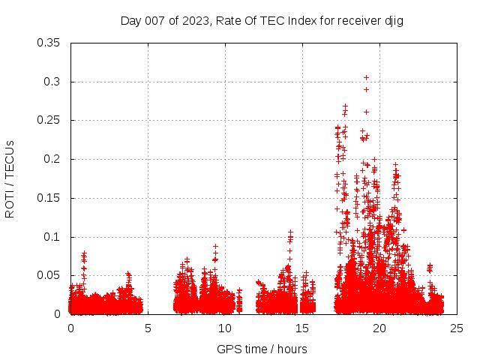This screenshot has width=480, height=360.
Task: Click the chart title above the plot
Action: [x=262, y=21]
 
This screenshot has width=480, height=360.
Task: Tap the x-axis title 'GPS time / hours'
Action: [x=262, y=349]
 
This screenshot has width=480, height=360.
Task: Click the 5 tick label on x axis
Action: [x=148, y=328]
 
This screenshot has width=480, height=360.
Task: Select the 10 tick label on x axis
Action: [x=225, y=328]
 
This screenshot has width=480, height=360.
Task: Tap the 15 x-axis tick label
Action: [x=302, y=328]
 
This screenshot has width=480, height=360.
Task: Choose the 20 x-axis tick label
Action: [x=379, y=328]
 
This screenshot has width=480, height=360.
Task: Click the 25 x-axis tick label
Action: [x=457, y=328]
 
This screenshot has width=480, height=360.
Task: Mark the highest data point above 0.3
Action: [x=366, y=77]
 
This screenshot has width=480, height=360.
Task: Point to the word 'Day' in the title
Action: [x=131, y=21]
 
